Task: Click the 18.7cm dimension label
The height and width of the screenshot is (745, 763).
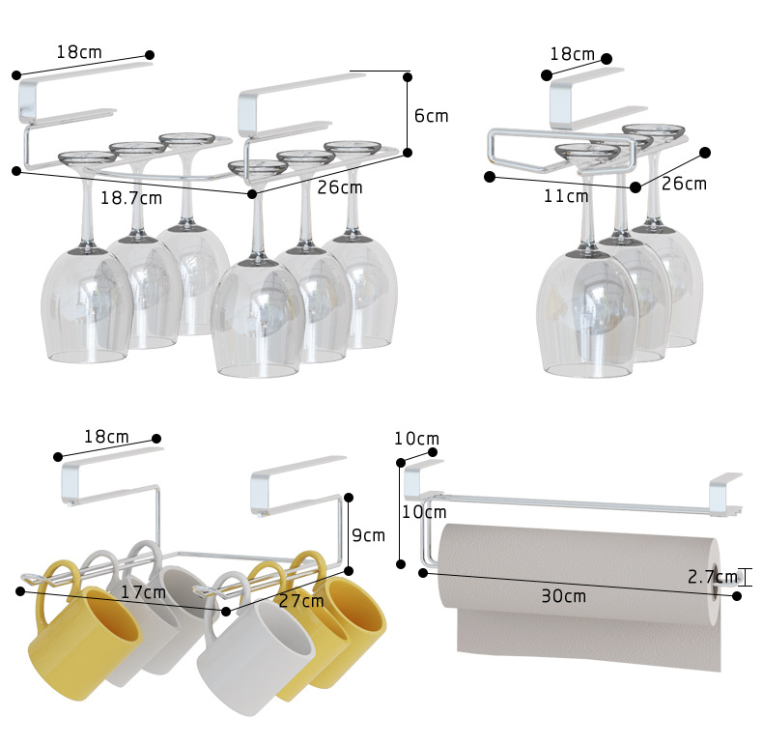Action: pos(131,198)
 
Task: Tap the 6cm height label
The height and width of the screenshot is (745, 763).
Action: pos(431,116)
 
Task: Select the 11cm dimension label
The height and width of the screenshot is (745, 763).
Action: pos(566,196)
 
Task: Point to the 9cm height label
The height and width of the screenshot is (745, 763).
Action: pos(368,535)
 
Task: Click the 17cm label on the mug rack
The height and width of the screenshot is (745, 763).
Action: pos(143,592)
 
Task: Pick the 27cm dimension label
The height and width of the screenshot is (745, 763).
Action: pos(301,601)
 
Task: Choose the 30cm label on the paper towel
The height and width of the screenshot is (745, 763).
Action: pos(563,596)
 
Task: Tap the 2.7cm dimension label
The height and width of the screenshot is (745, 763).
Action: pos(713,577)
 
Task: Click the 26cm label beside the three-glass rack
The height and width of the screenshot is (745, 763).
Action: pos(684,184)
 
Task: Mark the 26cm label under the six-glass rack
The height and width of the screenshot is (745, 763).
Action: pos(340,187)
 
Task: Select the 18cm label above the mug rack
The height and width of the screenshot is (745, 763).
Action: pos(106,437)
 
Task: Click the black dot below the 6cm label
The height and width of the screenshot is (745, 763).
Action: pos(408,153)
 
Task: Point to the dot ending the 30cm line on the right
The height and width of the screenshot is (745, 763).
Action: pos(737,596)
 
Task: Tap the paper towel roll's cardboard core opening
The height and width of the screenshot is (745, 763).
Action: pos(715,583)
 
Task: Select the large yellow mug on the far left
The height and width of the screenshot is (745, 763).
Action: pos(83,633)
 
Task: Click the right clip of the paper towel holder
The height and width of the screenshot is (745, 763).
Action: pos(725,494)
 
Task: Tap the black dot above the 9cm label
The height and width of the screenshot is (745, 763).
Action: pos(349,498)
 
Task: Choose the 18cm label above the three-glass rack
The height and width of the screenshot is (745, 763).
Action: pos(572,54)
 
